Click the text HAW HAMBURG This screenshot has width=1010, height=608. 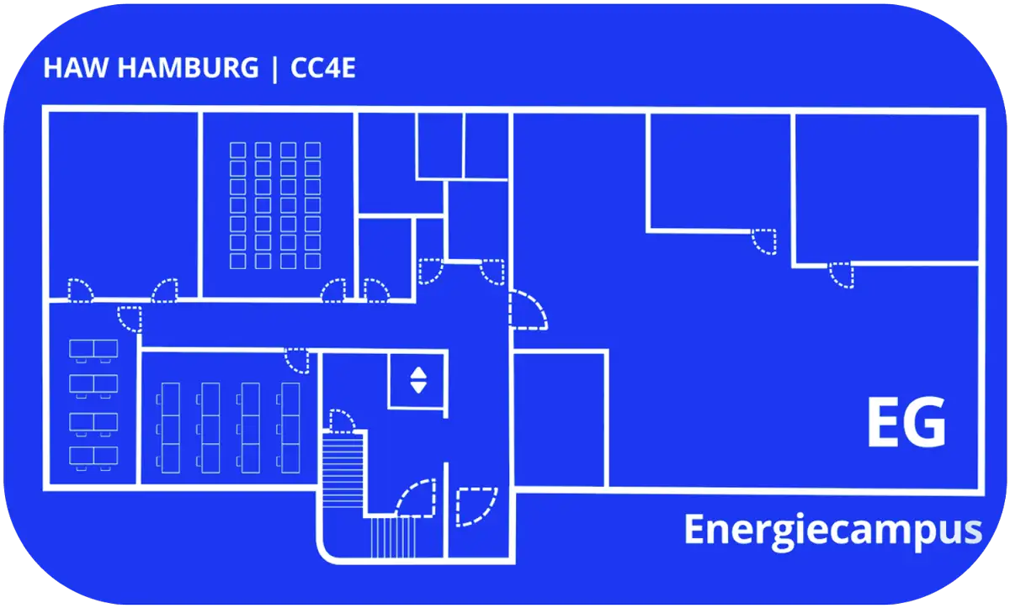[150, 68]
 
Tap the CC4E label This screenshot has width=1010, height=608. [323, 68]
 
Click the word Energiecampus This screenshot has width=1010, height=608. [832, 531]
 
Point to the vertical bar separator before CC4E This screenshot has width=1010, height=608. [274, 68]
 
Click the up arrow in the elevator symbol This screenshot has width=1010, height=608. [418, 373]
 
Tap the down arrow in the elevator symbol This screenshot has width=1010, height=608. [418, 388]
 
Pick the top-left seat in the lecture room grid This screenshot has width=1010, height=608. [238, 150]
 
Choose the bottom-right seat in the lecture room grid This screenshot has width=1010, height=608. [313, 261]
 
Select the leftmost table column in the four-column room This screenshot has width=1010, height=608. [169, 427]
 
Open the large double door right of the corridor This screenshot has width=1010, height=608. [528, 309]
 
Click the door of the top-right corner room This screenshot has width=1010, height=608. [841, 275]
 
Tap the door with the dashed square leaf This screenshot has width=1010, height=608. [476, 507]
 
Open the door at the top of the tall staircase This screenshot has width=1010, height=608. [342, 420]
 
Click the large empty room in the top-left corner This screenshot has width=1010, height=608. [123, 204]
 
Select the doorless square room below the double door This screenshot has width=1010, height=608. [560, 419]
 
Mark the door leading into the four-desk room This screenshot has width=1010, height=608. [130, 319]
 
